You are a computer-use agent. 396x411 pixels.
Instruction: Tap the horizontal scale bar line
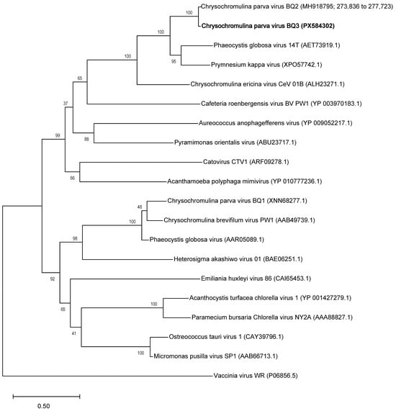click(x=45, y=395)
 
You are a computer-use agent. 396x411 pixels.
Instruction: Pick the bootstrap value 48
click(x=140, y=207)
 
